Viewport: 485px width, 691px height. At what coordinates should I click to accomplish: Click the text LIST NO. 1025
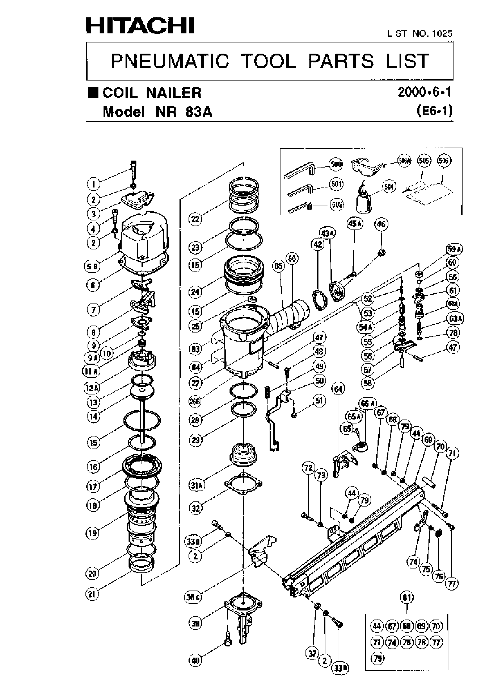click(x=419, y=33)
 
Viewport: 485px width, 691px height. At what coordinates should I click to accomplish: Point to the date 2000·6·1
click(x=424, y=92)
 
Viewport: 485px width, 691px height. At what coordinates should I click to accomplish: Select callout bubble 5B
click(x=91, y=266)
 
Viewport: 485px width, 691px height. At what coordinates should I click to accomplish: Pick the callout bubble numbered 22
click(x=195, y=219)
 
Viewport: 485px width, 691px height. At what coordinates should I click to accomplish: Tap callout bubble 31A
click(x=196, y=485)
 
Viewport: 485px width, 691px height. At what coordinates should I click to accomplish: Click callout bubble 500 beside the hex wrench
click(x=336, y=164)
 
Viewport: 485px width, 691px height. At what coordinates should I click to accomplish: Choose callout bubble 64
click(x=338, y=389)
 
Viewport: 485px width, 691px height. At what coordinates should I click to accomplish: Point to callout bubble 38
click(x=196, y=623)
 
